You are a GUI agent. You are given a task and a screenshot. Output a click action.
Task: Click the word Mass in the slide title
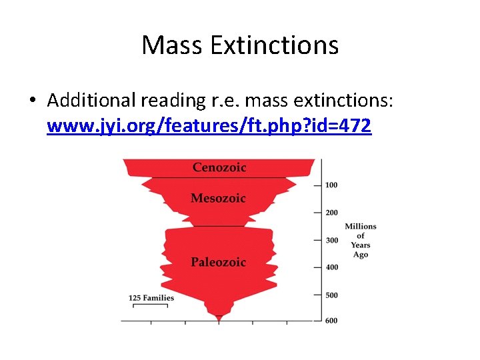point(173,45)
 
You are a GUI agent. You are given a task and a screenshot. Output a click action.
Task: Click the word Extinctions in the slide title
point(275,45)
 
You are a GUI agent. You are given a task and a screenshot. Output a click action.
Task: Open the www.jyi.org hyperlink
point(209,125)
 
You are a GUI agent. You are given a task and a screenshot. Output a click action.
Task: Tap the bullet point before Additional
point(32,101)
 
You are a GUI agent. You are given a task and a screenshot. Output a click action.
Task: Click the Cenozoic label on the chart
point(219,167)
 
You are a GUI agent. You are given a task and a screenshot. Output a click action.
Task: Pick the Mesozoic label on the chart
point(218,198)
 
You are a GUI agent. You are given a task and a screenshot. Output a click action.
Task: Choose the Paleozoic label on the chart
point(218,262)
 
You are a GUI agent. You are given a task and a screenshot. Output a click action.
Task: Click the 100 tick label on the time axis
point(331,185)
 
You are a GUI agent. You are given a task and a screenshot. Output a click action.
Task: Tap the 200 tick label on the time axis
point(331,213)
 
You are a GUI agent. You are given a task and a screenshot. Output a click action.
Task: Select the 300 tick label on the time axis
point(331,240)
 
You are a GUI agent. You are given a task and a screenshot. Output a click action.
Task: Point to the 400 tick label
point(331,267)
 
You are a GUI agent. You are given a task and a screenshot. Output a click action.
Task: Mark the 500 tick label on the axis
point(331,295)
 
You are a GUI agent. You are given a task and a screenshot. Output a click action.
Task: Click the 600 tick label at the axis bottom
point(331,321)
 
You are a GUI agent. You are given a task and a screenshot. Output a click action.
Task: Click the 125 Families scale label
point(151,297)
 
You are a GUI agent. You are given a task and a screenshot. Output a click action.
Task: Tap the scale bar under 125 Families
point(150,305)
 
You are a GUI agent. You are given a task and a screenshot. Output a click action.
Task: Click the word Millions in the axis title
point(361,227)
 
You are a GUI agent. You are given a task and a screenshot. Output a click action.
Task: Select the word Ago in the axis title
point(361,255)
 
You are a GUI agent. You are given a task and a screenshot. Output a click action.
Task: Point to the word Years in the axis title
point(361,245)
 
